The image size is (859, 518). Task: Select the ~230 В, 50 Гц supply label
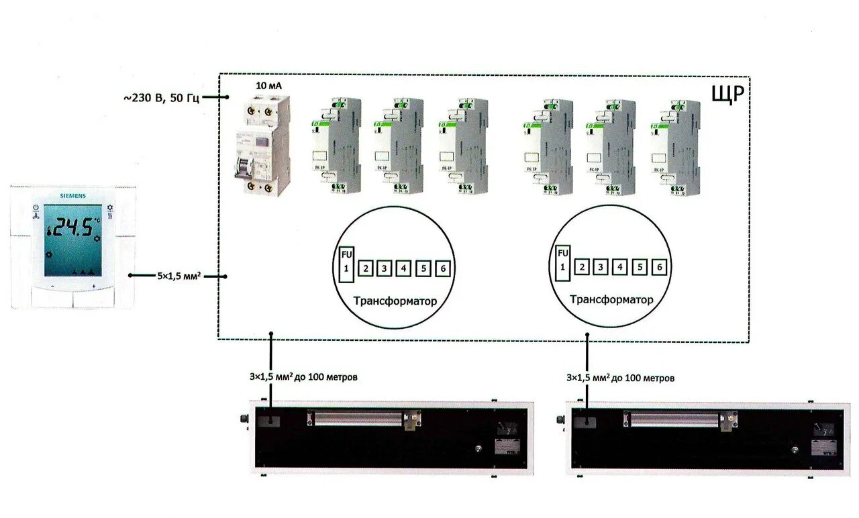pos(161,98)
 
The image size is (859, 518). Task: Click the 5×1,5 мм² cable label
pos(180,276)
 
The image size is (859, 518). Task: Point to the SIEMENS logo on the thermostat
pos(73,195)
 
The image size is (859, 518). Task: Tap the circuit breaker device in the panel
pos(262,145)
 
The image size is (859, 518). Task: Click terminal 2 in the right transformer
pos(583,268)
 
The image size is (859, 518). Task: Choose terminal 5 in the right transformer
pos(640,268)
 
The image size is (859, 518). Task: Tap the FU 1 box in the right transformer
pos(563,262)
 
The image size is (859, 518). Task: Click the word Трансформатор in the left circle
pos(395,301)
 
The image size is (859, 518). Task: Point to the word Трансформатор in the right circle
pos(611,300)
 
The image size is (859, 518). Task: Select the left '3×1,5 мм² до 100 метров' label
pos(303,377)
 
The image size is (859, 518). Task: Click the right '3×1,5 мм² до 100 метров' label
pos(621,378)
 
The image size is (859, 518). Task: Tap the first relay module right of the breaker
pos(336,146)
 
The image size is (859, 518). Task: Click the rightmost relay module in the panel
pos(674,146)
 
